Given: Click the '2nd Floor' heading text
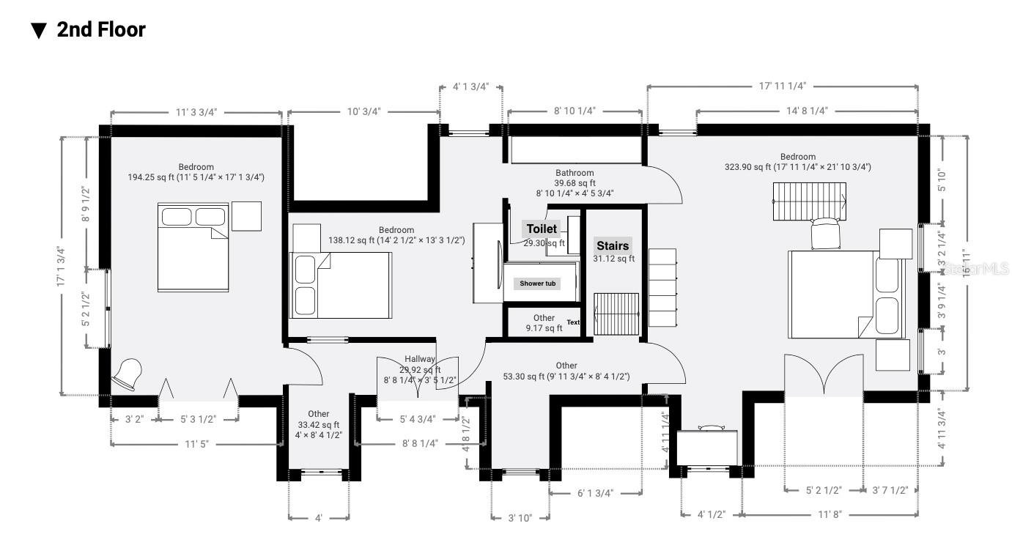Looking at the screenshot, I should click(x=101, y=30).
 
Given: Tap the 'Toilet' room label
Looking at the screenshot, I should click(x=542, y=229).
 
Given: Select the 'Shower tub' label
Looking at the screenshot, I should click(x=537, y=284).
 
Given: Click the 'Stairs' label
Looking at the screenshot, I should click(x=613, y=246).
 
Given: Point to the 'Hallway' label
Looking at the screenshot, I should click(x=420, y=359).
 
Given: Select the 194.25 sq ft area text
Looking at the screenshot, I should click(x=196, y=177).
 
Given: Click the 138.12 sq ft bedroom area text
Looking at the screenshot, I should click(x=396, y=240).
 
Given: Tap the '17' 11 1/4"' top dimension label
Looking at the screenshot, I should click(x=783, y=86).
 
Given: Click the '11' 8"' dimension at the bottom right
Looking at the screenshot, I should click(x=830, y=514).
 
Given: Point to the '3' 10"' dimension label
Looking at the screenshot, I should click(x=520, y=518).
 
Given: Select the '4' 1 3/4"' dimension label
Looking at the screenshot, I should click(x=470, y=86).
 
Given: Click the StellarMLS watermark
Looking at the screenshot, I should click(x=975, y=270).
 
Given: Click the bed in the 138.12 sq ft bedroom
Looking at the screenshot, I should click(x=341, y=285).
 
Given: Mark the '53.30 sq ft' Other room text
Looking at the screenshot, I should click(x=566, y=377).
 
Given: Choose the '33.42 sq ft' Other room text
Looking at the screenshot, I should click(x=319, y=425).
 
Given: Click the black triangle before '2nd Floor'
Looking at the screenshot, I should click(x=39, y=31).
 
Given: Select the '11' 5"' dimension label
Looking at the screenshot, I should click(x=196, y=444).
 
